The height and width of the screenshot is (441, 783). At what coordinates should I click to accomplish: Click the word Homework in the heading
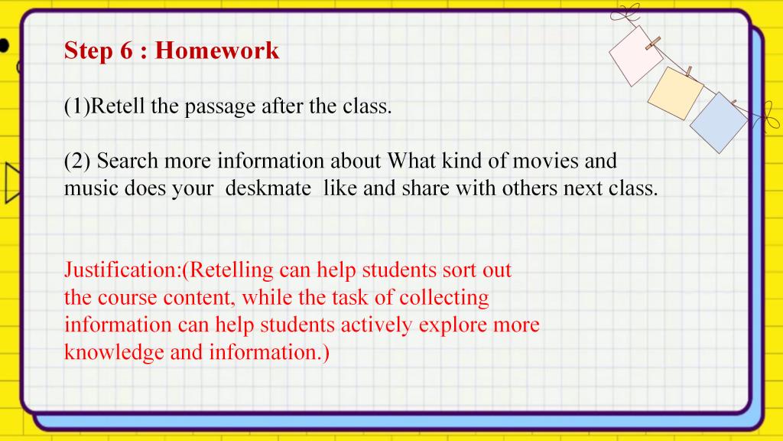pyautogui.click(x=216, y=51)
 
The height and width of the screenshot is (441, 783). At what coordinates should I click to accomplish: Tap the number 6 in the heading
pyautogui.click(x=126, y=51)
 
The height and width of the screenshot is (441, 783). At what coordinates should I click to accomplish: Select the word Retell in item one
pyautogui.click(x=117, y=106)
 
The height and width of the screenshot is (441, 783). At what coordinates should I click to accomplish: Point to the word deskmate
pyautogui.click(x=268, y=188)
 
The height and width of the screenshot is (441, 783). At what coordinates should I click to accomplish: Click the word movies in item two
pyautogui.click(x=546, y=161)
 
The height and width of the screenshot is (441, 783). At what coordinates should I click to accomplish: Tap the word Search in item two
pyautogui.click(x=128, y=161)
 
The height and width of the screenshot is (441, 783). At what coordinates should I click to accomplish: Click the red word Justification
pyautogui.click(x=122, y=270)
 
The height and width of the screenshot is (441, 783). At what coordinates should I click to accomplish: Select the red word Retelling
pyautogui.click(x=231, y=270)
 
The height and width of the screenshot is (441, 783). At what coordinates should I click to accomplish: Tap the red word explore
pyautogui.click(x=452, y=325)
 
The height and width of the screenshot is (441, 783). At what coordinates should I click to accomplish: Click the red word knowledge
pyautogui.click(x=114, y=353)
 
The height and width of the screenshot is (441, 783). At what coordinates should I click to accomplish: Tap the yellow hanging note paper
pyautogui.click(x=675, y=93)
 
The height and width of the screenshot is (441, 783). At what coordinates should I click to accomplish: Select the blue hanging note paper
pyautogui.click(x=719, y=122)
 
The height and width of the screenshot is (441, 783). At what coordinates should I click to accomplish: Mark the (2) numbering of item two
pyautogui.click(x=77, y=161)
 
